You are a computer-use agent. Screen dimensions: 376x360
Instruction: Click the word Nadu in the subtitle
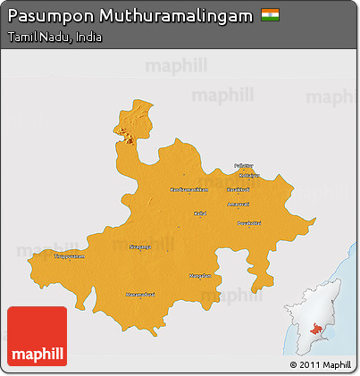point(54,38)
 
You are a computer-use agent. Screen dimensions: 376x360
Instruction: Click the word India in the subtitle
point(88,38)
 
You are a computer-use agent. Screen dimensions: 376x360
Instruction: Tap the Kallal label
point(200,213)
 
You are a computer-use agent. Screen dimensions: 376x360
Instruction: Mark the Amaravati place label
point(239,205)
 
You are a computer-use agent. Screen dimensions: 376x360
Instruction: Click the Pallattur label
point(244,165)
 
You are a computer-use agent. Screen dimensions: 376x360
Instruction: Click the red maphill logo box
point(37,336)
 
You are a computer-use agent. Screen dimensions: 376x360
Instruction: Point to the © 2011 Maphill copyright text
point(320,364)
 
